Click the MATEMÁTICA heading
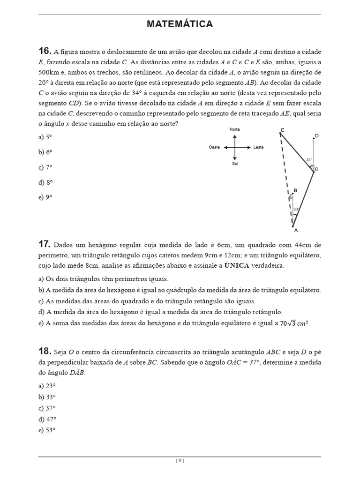(x=180, y=24)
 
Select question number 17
(x=44, y=244)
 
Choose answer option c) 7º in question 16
(x=45, y=167)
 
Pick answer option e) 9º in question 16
(x=45, y=197)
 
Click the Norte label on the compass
(x=235, y=129)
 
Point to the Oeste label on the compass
(x=214, y=147)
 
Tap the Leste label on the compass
(x=258, y=147)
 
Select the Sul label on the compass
(x=235, y=164)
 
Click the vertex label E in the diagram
(x=282, y=130)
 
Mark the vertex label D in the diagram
(x=317, y=136)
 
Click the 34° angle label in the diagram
(x=309, y=159)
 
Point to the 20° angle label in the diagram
(x=296, y=209)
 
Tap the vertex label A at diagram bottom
(x=295, y=230)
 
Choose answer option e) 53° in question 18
(x=47, y=430)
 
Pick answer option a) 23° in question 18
(x=47, y=385)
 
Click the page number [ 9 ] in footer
(x=180, y=461)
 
